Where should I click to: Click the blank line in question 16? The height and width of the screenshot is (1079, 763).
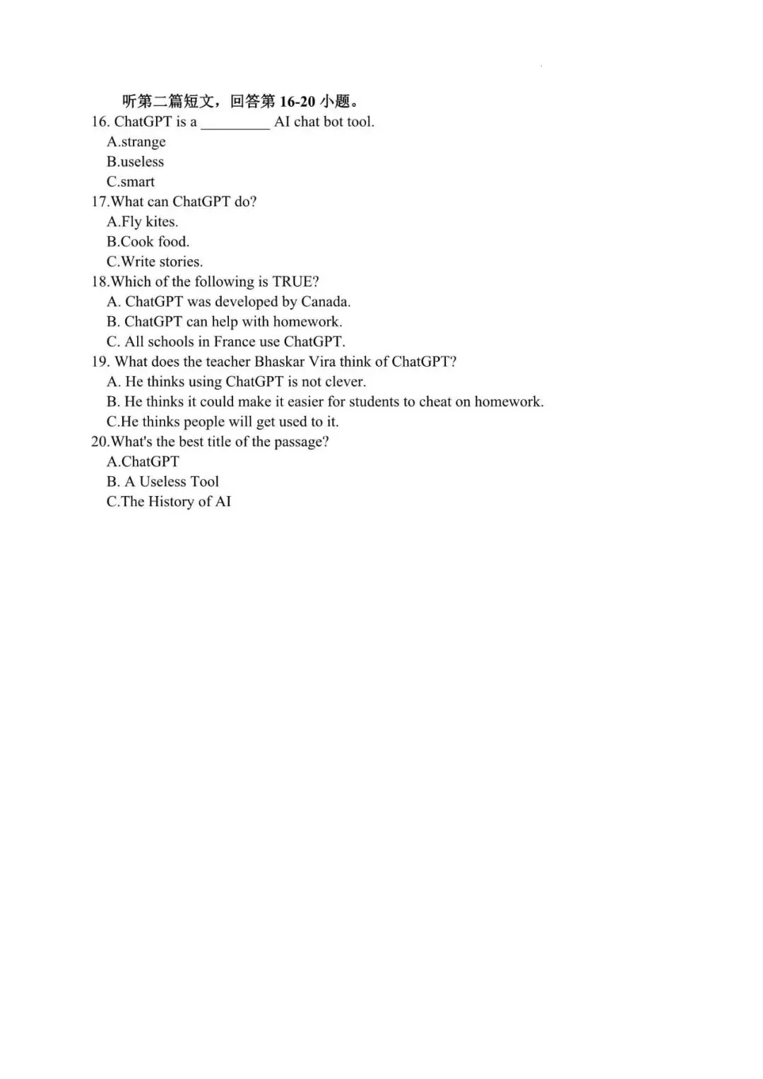point(235,124)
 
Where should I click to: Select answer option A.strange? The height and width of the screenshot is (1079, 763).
point(136,142)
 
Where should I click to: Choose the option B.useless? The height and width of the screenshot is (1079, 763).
point(135,162)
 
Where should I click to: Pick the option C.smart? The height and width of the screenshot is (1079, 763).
point(131,182)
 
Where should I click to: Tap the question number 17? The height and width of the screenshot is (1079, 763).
point(99,201)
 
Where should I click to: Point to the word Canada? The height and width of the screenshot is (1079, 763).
point(325,302)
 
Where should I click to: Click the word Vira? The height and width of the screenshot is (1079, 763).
point(322,362)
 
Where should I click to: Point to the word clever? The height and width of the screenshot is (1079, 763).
point(345,382)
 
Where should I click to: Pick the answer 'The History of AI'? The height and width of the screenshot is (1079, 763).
point(168,502)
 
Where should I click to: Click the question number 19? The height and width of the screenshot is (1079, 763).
point(100,362)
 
